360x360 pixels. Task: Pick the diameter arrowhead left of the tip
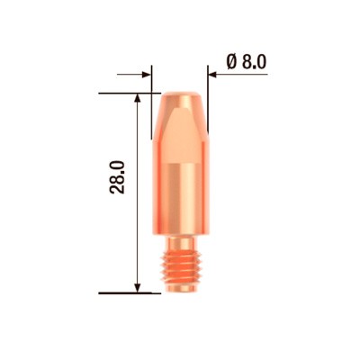tap(146, 75)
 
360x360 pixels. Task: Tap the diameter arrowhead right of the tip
tap(214, 75)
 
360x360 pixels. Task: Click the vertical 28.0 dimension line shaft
tap(137, 225)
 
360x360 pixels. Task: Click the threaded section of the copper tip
tap(180, 270)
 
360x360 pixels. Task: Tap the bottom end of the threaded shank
tap(180, 291)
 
